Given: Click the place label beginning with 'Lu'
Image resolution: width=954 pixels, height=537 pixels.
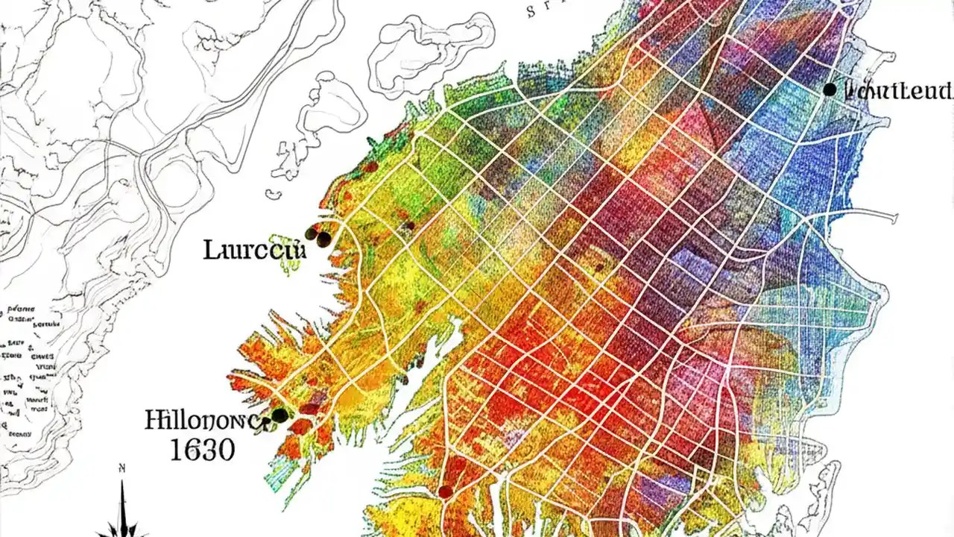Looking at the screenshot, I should pos(254,250).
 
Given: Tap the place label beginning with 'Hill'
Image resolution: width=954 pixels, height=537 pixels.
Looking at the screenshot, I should pos(205,421).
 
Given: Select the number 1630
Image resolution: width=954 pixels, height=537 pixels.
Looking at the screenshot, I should pos(202,450).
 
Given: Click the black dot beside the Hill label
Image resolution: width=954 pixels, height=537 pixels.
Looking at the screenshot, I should pos(279,415).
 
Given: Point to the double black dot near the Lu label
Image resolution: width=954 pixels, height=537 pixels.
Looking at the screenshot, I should pos(319,236).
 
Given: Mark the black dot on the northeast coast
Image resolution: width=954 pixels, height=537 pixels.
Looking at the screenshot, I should pos(830,89).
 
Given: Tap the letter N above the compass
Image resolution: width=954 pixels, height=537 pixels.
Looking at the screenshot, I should pos(121,468).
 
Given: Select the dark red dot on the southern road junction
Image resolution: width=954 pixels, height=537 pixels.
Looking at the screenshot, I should pos(445,491).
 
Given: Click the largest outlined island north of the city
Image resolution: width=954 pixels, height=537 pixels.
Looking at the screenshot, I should pos(430,55).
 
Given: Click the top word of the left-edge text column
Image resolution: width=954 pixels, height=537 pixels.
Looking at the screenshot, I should pos(22,308).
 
